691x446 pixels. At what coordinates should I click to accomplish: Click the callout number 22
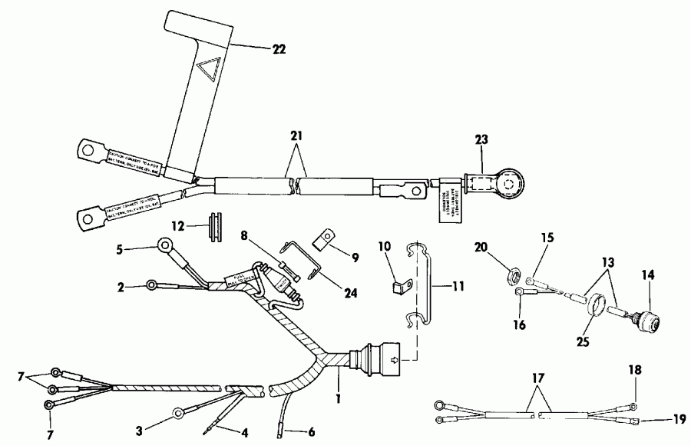tap(278, 48)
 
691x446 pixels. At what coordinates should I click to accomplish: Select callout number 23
tap(481, 141)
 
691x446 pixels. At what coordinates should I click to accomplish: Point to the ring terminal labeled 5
tap(164, 246)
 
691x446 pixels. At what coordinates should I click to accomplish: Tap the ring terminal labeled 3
tap(177, 411)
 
